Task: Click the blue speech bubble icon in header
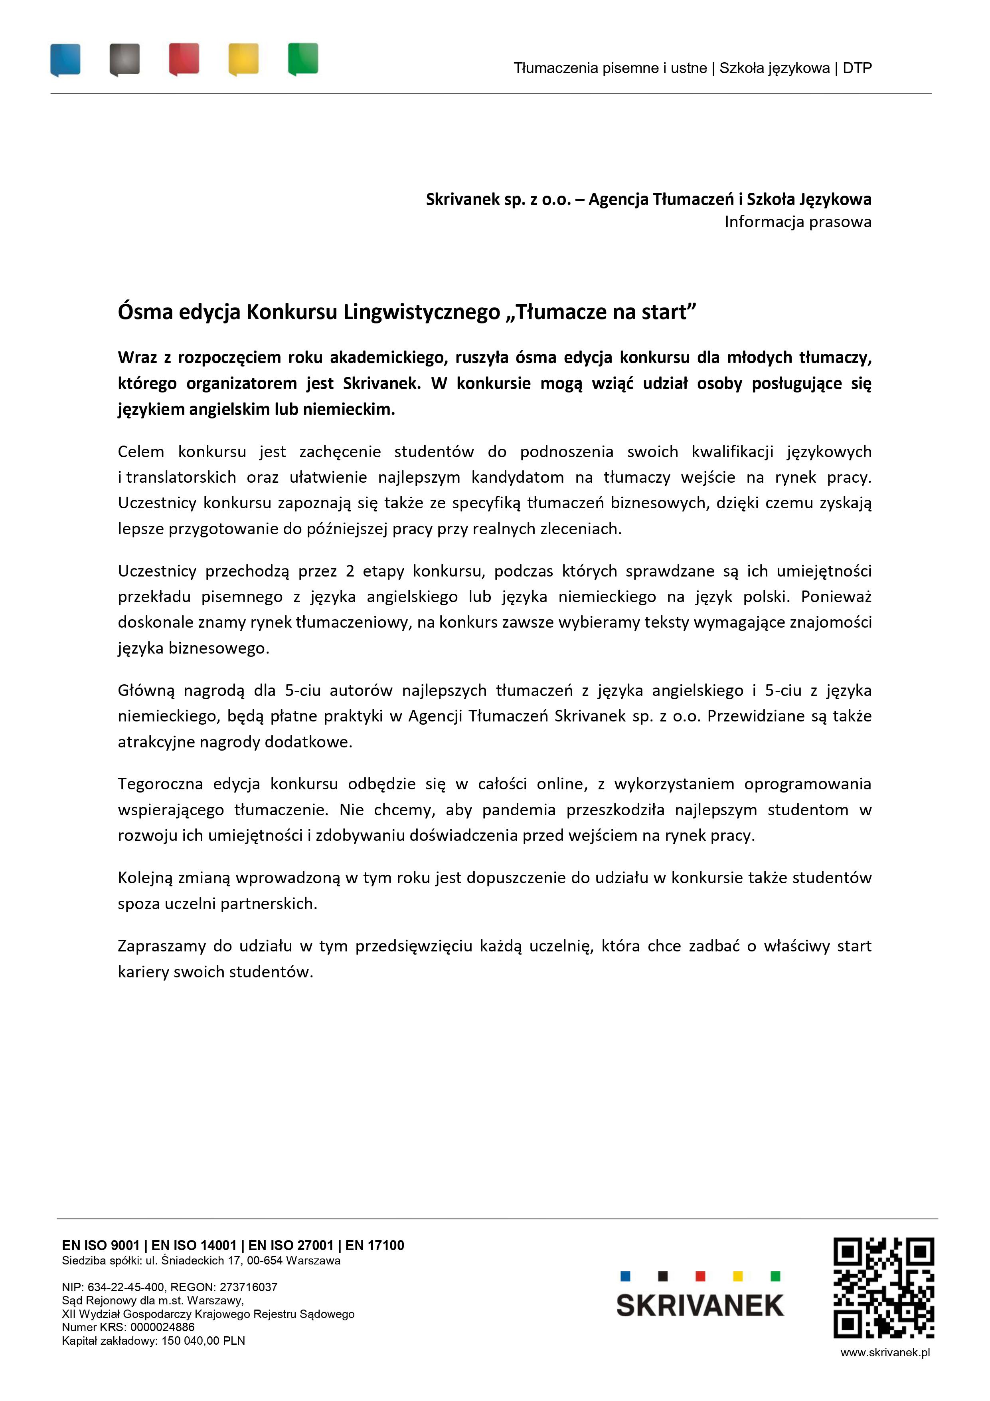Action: click(65, 59)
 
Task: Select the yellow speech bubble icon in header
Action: click(243, 59)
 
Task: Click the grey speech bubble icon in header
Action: click(125, 59)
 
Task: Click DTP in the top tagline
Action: click(857, 68)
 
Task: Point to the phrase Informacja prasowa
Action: click(797, 222)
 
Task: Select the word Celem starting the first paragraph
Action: click(141, 452)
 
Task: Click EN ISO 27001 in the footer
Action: click(290, 1245)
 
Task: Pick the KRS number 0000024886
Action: click(162, 1327)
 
